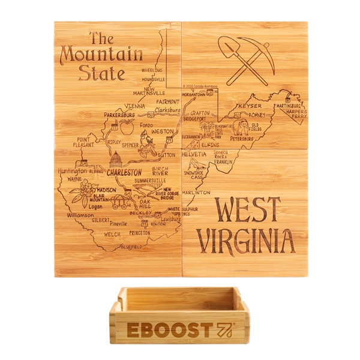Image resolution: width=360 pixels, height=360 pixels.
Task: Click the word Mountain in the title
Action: click(101, 55)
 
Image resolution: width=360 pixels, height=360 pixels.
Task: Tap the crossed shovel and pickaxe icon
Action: click(245, 59)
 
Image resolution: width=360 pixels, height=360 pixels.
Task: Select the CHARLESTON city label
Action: click(124, 172)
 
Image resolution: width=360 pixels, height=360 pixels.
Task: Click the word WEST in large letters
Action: click(247, 211)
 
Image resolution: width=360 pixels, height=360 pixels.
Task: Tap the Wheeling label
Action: click(152, 70)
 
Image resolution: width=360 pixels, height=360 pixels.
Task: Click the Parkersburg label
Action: click(119, 114)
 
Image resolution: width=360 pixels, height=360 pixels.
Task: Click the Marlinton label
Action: click(196, 193)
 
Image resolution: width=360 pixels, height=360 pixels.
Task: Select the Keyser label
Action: click(250, 106)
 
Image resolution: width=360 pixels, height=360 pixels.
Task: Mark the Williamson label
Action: click(80, 214)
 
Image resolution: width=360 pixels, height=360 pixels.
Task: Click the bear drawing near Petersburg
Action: click(243, 127)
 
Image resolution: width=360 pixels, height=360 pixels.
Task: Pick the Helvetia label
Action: click(194, 154)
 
